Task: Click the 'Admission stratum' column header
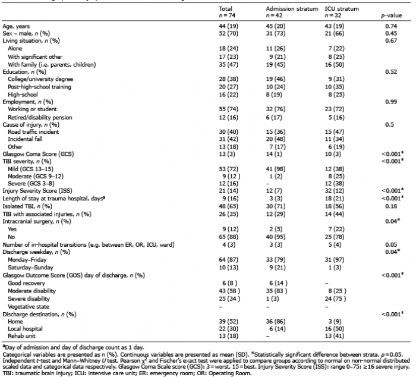coord(292,9)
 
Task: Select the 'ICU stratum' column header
coord(342,9)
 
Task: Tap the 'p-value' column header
coord(391,15)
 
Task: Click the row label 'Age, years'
coord(16,26)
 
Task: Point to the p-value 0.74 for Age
coord(391,26)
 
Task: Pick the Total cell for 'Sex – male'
coord(229,33)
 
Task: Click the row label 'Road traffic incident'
coord(33,132)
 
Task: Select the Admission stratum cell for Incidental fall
coord(276,139)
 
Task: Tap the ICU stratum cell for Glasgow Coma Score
coord(335,154)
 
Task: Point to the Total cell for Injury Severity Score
coord(229,191)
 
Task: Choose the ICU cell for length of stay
coord(335,199)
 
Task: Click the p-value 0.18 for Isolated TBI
coord(391,206)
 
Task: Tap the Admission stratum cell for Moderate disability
coord(276,291)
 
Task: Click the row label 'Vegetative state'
coord(29,307)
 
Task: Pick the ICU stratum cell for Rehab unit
coord(335,336)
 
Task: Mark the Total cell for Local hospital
coord(229,329)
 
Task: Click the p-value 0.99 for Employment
coord(391,102)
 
